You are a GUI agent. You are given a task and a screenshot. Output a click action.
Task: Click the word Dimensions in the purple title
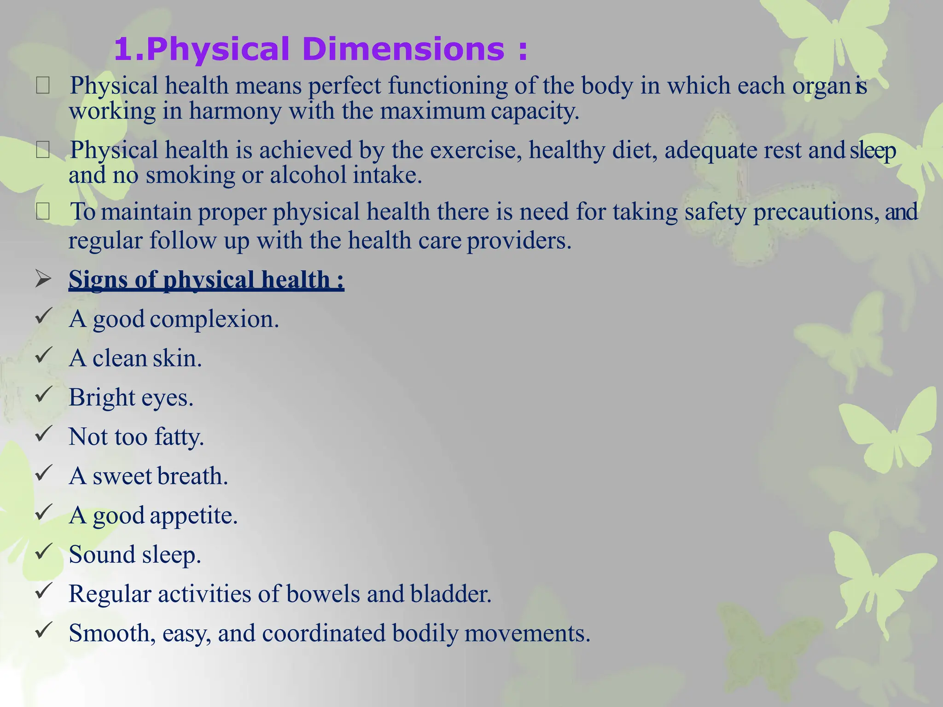click(x=404, y=49)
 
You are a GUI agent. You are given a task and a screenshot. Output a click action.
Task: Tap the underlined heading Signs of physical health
click(x=206, y=279)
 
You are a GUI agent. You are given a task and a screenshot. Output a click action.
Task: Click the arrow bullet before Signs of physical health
click(x=43, y=278)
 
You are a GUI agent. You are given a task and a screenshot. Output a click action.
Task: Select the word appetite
click(x=193, y=516)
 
